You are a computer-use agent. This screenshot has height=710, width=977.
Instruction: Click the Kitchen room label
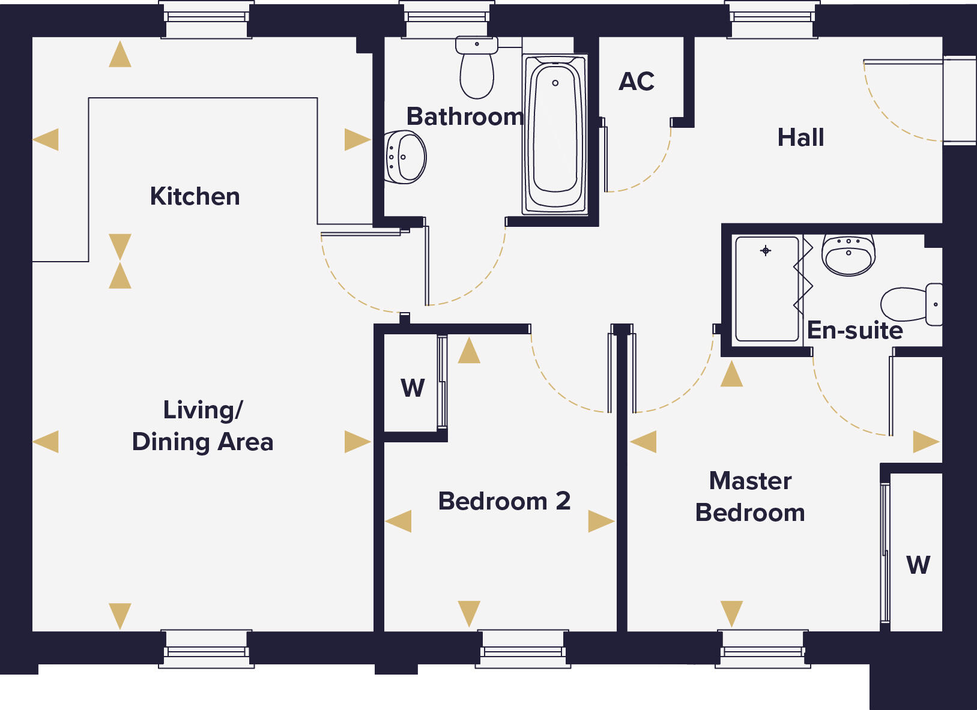(195, 197)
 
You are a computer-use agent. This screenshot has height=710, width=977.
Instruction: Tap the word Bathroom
(465, 116)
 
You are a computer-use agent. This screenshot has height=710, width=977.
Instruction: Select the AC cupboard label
(637, 82)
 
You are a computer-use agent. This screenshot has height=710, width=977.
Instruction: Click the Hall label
(800, 137)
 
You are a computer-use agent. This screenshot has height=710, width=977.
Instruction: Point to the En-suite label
(854, 330)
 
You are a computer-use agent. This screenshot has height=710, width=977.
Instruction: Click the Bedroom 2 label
(504, 501)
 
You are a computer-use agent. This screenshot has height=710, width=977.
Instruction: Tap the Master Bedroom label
(750, 497)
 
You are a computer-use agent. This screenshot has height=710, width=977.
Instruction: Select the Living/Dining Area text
(202, 426)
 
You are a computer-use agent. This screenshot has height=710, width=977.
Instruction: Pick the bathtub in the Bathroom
(555, 135)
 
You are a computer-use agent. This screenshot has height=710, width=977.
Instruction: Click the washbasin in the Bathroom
(406, 157)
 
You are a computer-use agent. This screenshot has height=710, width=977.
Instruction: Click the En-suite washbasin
(848, 255)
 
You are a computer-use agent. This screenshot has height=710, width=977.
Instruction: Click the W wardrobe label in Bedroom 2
(413, 388)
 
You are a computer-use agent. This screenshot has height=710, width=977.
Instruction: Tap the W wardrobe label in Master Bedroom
(918, 565)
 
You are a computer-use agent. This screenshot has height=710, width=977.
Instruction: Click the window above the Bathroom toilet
(447, 18)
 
